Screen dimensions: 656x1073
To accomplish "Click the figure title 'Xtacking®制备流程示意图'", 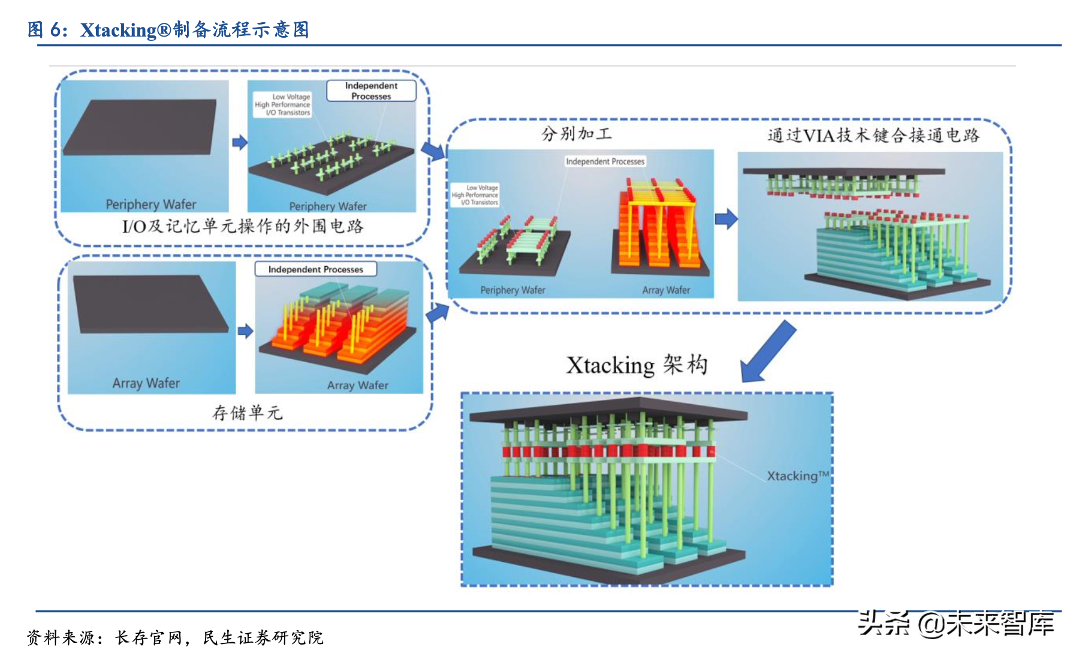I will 194,29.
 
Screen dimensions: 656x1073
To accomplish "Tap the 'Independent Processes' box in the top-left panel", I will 371,91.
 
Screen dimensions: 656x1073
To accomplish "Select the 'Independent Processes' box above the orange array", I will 315,269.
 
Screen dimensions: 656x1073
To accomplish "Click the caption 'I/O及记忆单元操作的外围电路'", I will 243,226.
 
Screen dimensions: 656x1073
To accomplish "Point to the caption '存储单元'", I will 247,413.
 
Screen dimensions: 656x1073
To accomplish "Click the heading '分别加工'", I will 576,134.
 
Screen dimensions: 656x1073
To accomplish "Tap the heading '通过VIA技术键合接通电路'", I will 873,136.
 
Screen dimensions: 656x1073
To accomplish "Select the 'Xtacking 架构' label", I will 637,365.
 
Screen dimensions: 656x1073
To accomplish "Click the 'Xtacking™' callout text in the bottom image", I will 797,476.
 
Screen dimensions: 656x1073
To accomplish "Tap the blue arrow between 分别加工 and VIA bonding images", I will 726,219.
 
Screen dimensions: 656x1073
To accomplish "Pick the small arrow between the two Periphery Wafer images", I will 239,142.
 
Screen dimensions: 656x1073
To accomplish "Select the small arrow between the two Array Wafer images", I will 245,331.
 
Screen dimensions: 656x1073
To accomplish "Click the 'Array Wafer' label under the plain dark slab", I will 146,383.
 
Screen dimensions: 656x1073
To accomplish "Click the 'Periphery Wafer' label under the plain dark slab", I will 151,204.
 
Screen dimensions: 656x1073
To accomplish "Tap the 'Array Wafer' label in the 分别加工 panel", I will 666,290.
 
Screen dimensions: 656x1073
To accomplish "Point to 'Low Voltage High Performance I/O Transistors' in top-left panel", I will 283,104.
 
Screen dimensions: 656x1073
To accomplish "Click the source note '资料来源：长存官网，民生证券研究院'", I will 175,637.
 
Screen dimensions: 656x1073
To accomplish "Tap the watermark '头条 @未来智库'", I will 956,624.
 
